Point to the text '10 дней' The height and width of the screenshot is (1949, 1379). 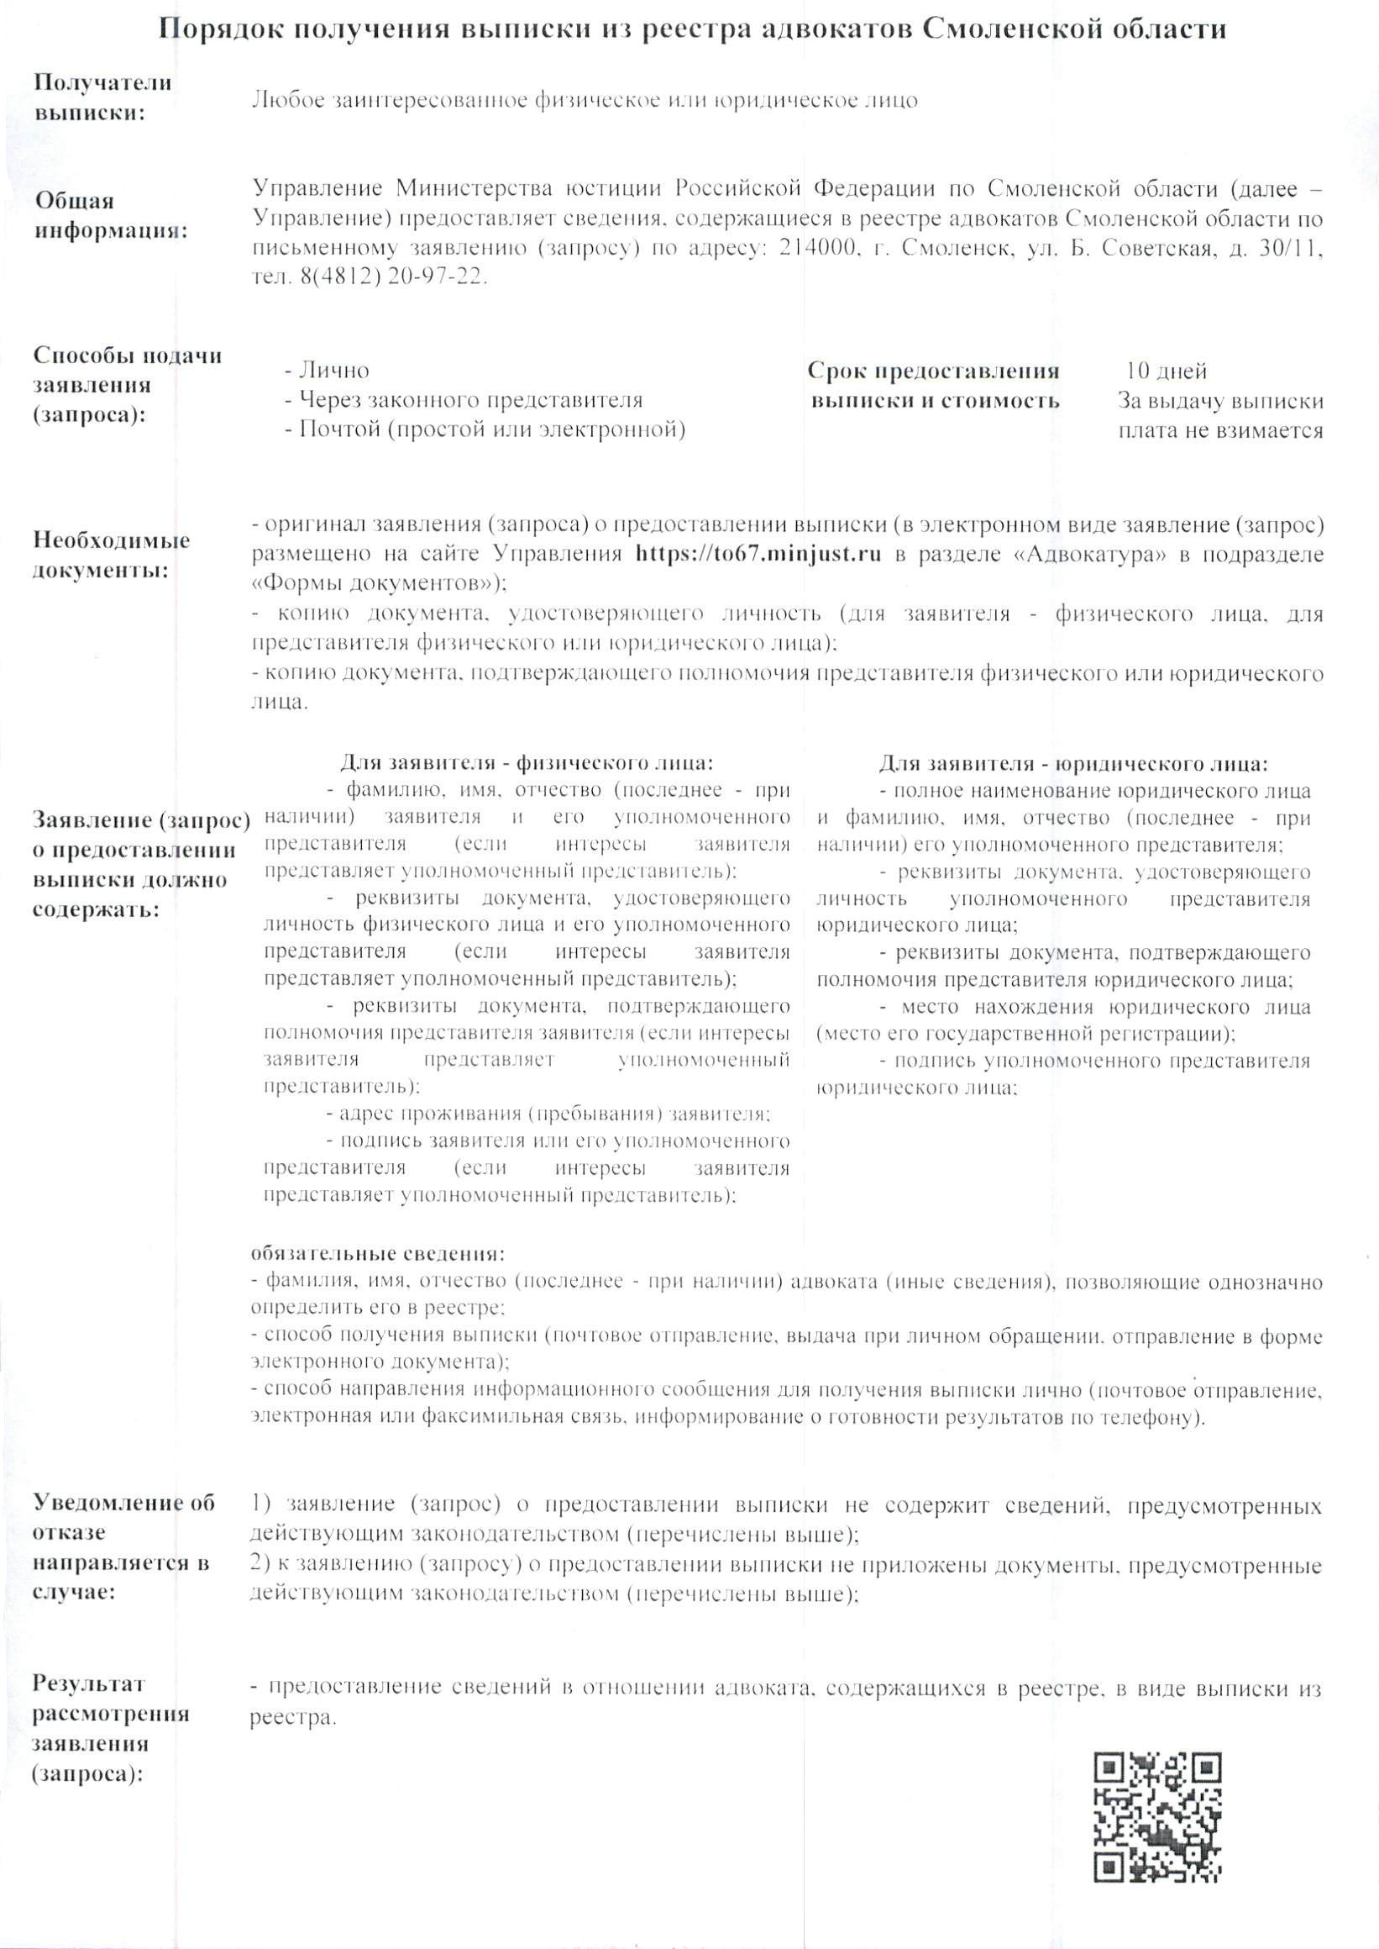point(1166,371)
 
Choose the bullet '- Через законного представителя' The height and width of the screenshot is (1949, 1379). point(464,400)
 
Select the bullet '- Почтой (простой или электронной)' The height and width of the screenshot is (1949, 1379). point(485,429)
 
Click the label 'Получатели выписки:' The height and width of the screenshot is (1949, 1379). point(102,97)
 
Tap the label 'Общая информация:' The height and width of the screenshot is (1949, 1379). point(110,216)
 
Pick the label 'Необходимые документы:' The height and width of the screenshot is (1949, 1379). point(111,555)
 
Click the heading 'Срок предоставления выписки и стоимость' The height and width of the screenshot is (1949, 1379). point(935,386)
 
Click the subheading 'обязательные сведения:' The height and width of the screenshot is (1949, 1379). point(378,1254)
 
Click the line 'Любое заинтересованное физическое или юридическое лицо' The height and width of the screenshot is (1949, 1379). point(585,100)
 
